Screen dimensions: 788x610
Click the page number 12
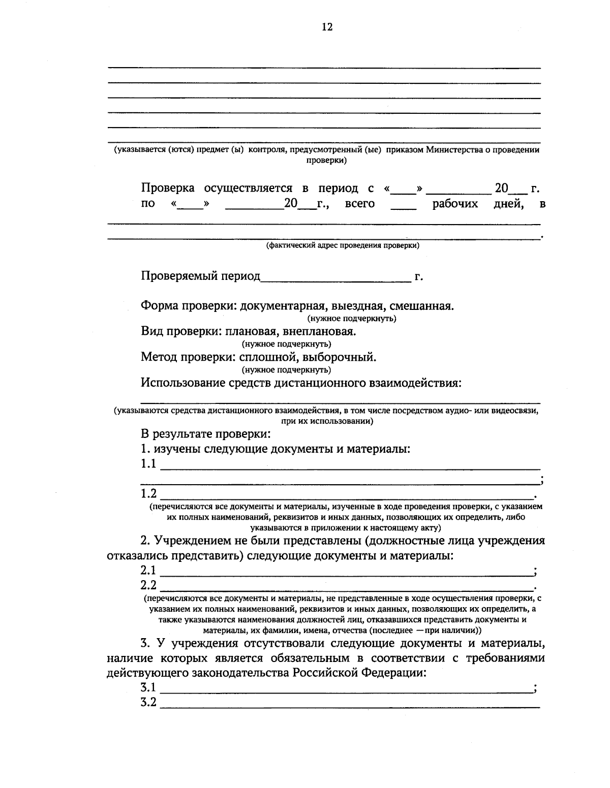coord(327,27)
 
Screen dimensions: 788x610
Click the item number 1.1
coord(148,464)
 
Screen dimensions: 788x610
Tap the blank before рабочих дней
coord(404,207)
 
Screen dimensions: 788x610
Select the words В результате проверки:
coord(205,434)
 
